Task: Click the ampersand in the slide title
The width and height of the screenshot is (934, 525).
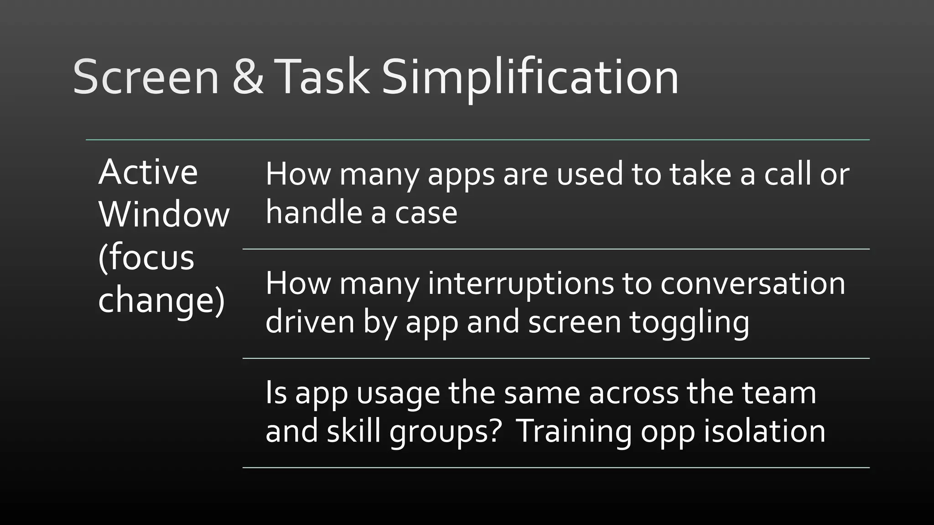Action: (248, 77)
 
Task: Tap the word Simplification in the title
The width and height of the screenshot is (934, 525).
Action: (530, 77)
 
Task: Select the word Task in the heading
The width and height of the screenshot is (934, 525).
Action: (322, 77)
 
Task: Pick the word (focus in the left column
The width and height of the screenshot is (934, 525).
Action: (146, 257)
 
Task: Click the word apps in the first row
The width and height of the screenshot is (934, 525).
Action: (461, 175)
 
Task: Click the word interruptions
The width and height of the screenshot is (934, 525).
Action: (521, 284)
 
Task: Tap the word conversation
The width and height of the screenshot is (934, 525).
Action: (752, 283)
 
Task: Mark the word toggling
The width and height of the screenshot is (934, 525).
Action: (689, 323)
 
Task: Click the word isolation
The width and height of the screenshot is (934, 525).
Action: (764, 431)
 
